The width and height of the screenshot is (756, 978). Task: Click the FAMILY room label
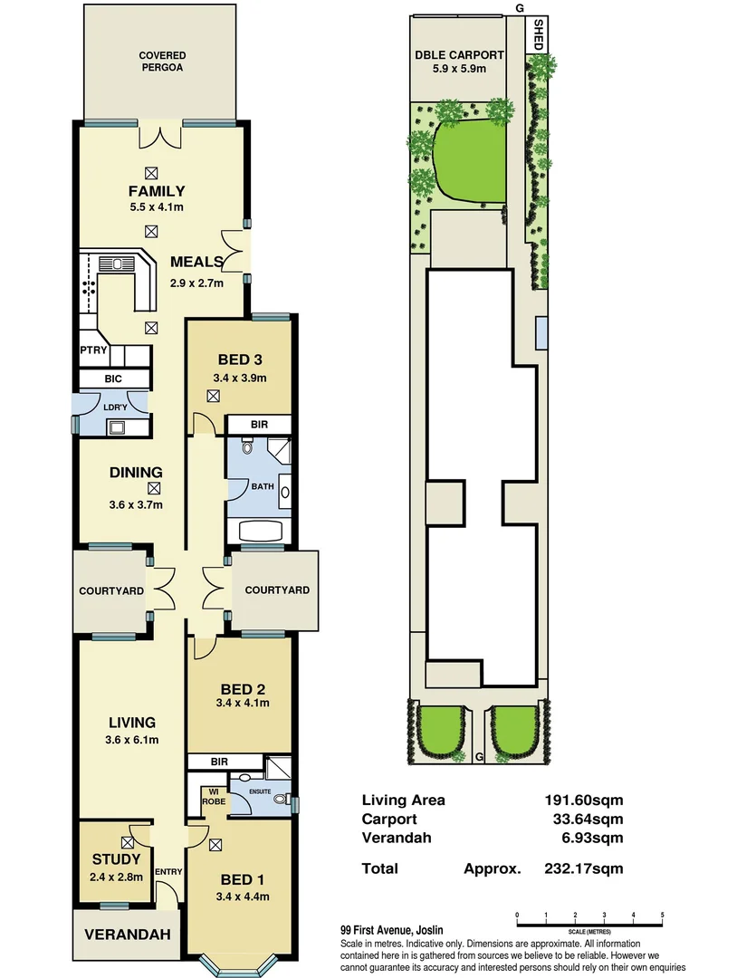coord(157,191)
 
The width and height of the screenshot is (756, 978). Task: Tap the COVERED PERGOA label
coord(163,62)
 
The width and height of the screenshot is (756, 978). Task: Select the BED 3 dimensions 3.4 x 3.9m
coord(240,378)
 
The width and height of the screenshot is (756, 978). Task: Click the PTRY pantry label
coord(93,350)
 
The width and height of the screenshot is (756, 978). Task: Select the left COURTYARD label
coord(111,590)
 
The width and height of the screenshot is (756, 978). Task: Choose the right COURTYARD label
coord(277,590)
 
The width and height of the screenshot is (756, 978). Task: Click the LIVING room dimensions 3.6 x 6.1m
coord(131,740)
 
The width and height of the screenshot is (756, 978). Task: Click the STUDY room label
coord(116,859)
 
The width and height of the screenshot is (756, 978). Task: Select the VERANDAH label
coord(128,935)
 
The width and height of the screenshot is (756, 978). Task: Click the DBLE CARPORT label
coord(459,55)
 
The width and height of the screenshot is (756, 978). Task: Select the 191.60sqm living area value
coord(590,800)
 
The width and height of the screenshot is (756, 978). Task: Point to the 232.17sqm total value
coord(590,868)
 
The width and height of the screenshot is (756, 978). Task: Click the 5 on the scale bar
coord(663,916)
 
